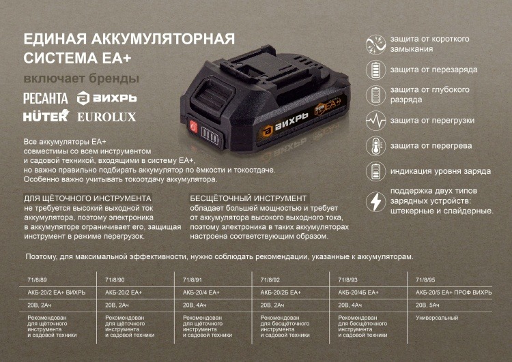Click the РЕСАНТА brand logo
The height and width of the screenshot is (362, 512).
tap(46, 98)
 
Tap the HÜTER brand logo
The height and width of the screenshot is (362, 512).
tap(46, 116)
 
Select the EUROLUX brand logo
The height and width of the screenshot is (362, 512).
tap(106, 117)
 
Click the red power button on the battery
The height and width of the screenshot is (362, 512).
tap(193, 127)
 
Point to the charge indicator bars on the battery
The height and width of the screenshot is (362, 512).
tap(210, 134)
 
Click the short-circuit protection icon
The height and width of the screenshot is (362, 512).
tap(375, 44)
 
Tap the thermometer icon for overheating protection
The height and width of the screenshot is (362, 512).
tap(375, 146)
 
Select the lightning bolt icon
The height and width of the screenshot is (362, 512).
tap(375, 201)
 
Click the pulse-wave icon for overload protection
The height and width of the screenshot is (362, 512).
tap(375, 121)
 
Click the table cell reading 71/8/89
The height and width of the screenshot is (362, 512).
tap(37, 280)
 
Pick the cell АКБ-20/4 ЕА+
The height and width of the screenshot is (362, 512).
tap(201, 292)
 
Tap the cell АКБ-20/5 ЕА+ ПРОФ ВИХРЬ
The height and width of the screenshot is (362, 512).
tap(453, 292)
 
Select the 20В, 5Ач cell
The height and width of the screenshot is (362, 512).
tap(427, 305)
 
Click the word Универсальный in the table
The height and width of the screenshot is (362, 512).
tap(437, 318)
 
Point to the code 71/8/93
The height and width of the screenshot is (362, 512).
tap(347, 280)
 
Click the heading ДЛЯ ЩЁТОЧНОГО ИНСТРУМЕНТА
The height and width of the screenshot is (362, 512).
tap(87, 198)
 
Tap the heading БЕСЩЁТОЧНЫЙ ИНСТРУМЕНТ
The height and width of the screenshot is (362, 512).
tap(248, 198)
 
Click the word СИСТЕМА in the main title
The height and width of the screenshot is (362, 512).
tap(60, 58)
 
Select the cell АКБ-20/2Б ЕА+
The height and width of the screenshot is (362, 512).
tap(281, 292)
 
